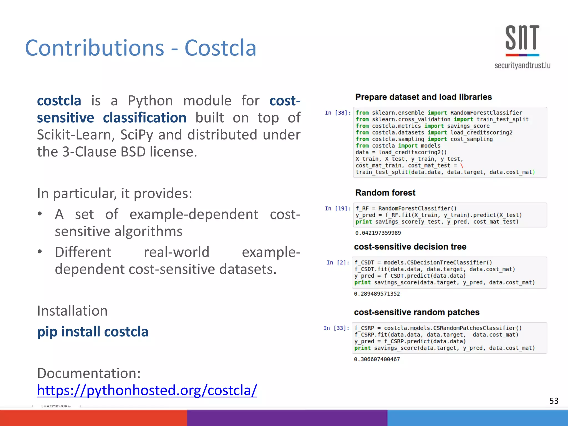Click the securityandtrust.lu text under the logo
point(522,65)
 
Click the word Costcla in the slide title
point(220,48)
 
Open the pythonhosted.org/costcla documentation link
point(147,390)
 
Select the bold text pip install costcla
point(93,332)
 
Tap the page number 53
point(554,401)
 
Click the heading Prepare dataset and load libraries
point(423,97)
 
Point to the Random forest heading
point(385,193)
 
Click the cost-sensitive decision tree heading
point(410,247)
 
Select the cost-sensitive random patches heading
point(417,312)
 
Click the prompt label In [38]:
point(338,113)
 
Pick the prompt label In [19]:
point(338,209)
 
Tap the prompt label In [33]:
point(336,328)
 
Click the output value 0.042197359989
point(378,233)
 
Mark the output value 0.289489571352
point(377,294)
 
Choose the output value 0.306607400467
point(377,359)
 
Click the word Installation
point(72,311)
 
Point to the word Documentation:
point(89,373)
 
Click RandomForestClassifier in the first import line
point(486,113)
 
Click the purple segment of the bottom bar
point(287,418)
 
